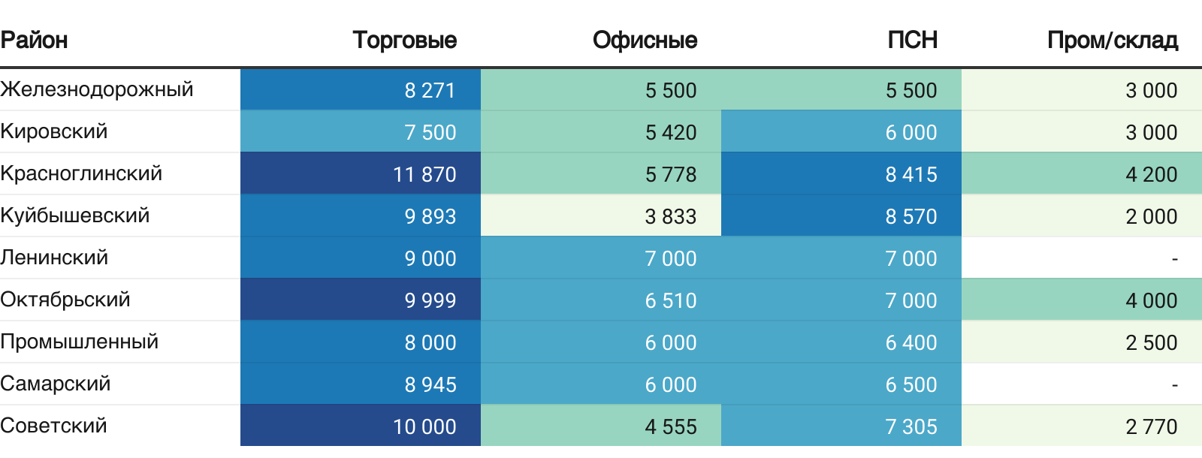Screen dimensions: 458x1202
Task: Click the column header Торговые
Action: (404, 40)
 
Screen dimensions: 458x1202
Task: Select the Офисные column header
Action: (645, 40)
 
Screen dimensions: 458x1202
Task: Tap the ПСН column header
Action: (912, 40)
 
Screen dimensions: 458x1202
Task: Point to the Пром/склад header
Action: (1112, 40)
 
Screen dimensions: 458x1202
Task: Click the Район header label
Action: (35, 40)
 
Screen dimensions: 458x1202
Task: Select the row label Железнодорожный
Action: (97, 89)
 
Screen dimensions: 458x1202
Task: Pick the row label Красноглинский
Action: (81, 173)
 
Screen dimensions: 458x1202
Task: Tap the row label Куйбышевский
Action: (75, 215)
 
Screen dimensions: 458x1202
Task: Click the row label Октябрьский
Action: (65, 300)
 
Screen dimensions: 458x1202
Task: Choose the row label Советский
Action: (54, 426)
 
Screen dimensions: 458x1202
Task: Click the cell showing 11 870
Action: (424, 174)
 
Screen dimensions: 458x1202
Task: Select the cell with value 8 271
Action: (430, 90)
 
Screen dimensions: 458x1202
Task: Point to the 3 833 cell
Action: (670, 216)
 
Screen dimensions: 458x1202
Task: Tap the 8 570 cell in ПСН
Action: (911, 216)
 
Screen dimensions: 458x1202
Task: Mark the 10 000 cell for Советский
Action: (424, 426)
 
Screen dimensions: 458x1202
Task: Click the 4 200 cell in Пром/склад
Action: (1151, 174)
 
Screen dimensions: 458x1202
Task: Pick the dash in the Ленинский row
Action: (1174, 258)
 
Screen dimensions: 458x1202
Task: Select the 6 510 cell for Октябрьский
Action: (670, 300)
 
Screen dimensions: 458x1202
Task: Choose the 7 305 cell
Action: (911, 426)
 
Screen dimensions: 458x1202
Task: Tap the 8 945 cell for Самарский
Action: (430, 384)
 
